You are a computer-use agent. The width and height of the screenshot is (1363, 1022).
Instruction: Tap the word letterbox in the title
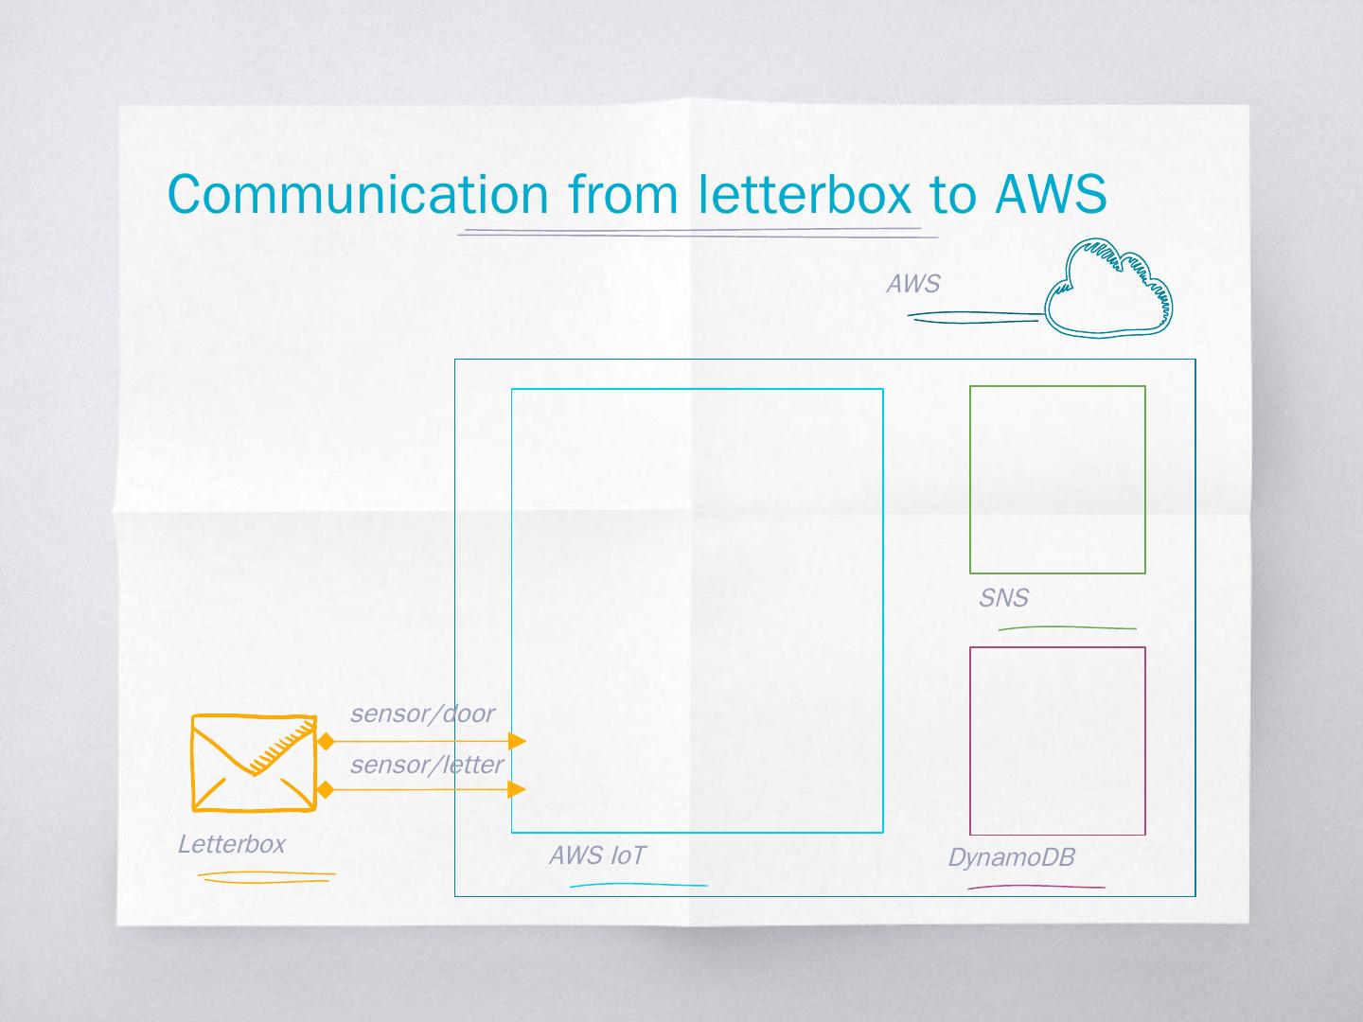tap(805, 194)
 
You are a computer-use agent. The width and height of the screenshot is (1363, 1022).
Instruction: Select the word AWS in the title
tap(1051, 194)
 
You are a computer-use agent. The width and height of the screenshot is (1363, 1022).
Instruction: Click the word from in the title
tap(623, 194)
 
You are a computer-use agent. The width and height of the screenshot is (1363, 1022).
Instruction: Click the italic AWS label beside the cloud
tap(912, 284)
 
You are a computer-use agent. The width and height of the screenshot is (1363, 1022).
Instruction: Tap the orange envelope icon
tap(254, 763)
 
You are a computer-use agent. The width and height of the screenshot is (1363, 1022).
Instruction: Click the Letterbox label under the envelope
tap(231, 844)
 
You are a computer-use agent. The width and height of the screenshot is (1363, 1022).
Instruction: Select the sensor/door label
tap(422, 714)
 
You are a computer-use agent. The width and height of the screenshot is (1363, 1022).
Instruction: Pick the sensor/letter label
tap(427, 765)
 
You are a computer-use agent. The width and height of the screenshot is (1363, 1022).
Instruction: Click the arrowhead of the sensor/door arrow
tap(517, 740)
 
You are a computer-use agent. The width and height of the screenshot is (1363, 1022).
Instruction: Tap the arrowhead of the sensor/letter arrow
tap(517, 789)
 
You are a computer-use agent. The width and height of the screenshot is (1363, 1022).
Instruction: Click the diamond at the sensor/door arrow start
tap(326, 740)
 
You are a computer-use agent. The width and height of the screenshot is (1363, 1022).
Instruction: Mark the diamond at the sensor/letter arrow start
tap(326, 789)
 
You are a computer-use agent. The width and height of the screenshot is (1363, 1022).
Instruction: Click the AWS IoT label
tap(597, 855)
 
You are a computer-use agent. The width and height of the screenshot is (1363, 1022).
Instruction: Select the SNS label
tap(1003, 598)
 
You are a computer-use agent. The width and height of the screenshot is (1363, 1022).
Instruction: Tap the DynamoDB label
tap(1011, 858)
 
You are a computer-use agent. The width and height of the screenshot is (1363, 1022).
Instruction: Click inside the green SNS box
tap(1057, 479)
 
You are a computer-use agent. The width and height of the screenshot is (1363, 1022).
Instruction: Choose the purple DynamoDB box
tap(1057, 741)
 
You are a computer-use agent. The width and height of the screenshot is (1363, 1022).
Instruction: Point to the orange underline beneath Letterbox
tap(267, 877)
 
